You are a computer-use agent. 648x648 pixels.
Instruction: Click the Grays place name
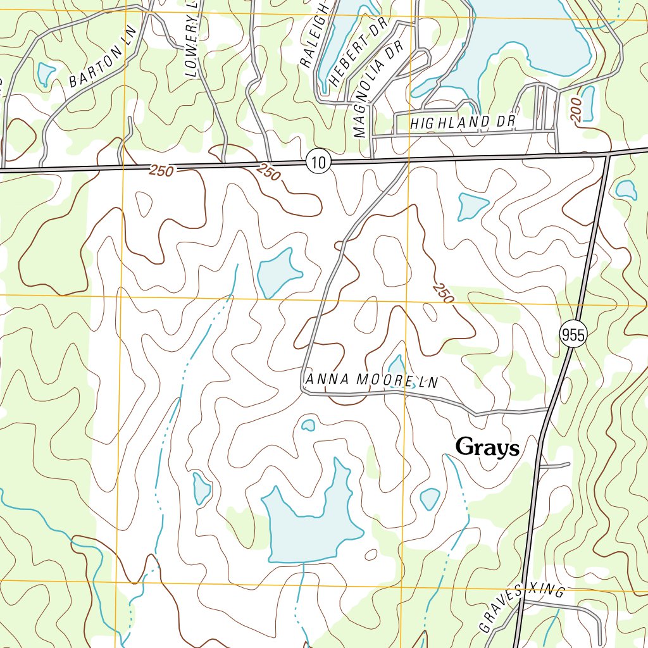(x=487, y=447)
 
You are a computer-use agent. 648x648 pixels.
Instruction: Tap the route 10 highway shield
(x=318, y=162)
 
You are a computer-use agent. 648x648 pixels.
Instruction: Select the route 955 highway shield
(x=573, y=335)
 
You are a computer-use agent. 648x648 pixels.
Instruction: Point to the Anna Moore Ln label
(x=371, y=380)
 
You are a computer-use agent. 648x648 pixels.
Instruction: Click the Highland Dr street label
(x=463, y=122)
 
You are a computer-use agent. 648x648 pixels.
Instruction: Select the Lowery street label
(x=193, y=38)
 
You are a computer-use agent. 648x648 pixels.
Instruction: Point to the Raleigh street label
(x=314, y=35)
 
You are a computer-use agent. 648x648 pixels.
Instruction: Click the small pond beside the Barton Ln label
(x=46, y=74)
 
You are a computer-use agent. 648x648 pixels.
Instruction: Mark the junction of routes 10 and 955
(x=607, y=154)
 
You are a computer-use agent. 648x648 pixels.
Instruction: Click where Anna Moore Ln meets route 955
(x=547, y=410)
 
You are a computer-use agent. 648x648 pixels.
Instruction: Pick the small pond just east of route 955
(x=626, y=189)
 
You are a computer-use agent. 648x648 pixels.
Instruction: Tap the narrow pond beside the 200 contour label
(x=588, y=103)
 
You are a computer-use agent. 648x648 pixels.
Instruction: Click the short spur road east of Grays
(x=554, y=466)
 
